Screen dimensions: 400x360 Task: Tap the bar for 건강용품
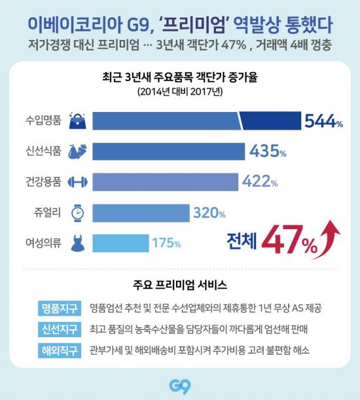point(164,181)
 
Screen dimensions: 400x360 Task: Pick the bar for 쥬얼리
point(140,212)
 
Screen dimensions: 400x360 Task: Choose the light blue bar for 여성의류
point(120,242)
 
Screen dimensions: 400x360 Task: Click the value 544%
point(323,120)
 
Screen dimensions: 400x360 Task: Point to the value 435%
point(268,151)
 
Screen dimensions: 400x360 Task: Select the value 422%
point(260,181)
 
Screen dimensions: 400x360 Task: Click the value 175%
point(166,243)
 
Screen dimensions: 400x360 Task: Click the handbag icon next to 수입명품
point(77,120)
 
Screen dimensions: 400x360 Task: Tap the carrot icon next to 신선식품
point(77,151)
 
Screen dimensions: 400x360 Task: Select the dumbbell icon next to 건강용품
point(77,181)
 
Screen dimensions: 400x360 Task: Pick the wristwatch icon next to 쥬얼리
point(77,212)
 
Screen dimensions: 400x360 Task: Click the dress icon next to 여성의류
point(77,242)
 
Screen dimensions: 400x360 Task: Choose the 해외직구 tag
point(60,350)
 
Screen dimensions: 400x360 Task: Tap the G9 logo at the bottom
point(179,386)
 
